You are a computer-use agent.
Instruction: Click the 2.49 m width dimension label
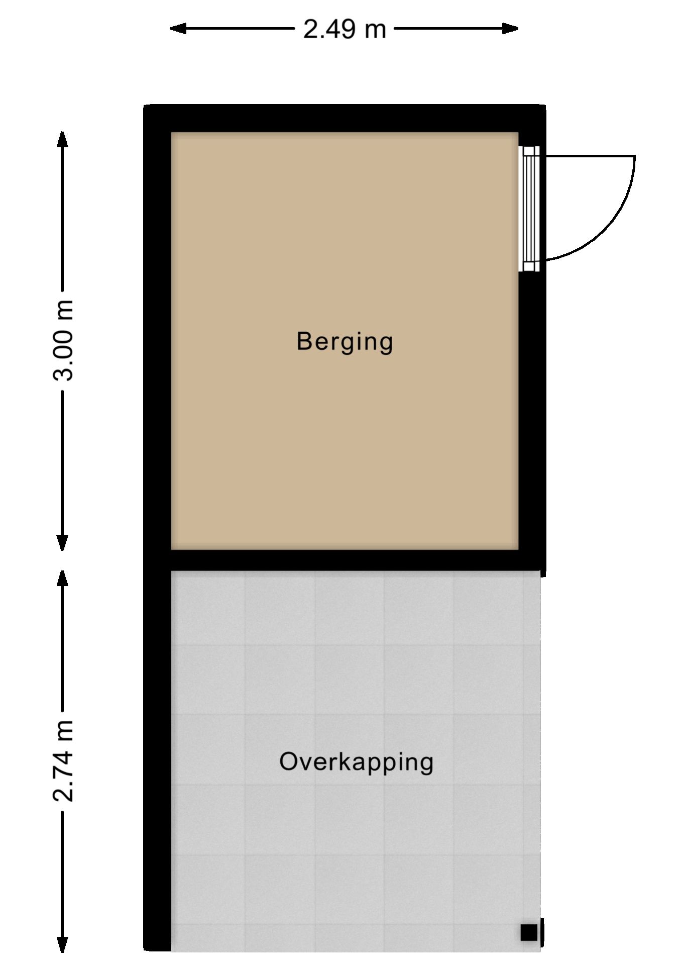click(x=345, y=29)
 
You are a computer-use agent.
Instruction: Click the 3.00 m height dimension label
click(x=64, y=340)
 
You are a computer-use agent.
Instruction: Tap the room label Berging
click(x=345, y=342)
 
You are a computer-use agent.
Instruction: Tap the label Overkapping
click(x=356, y=762)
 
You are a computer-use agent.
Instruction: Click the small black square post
click(x=528, y=932)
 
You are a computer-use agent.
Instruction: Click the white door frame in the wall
click(x=529, y=209)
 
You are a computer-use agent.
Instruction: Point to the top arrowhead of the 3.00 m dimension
click(x=62, y=139)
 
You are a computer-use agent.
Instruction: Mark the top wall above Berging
click(x=345, y=118)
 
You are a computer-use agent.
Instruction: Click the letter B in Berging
click(x=304, y=341)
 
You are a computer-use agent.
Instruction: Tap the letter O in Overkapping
click(x=289, y=762)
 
